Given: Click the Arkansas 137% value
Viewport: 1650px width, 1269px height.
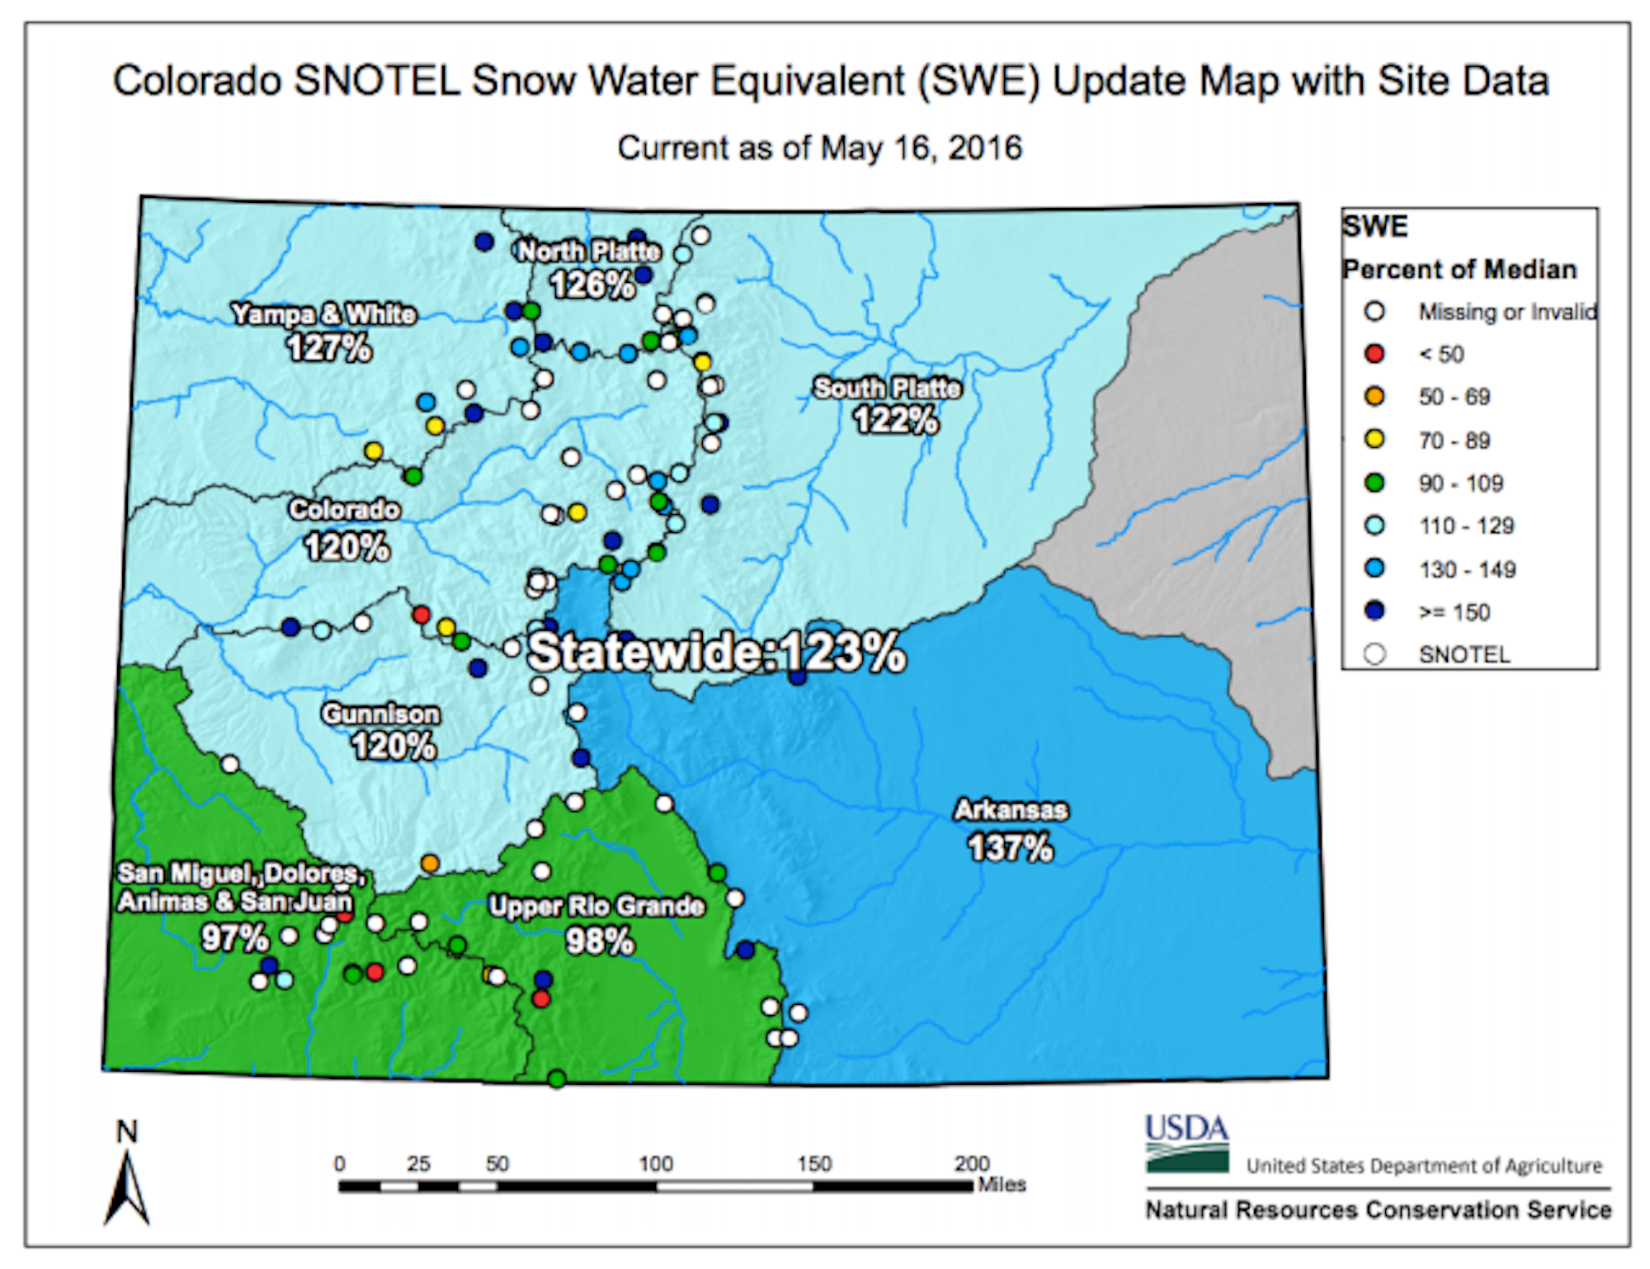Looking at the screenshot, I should (x=1010, y=848).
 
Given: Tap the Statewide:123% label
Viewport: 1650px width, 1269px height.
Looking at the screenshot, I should (x=716, y=652).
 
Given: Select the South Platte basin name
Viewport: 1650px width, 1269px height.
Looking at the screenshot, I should (x=888, y=388).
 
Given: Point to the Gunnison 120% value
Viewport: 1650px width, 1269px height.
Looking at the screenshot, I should (x=394, y=747).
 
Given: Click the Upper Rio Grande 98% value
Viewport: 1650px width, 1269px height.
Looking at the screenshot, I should (x=600, y=941).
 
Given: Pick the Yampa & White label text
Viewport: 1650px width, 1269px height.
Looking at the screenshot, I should (x=323, y=314).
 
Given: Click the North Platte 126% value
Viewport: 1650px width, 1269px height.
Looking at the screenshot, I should (x=592, y=285).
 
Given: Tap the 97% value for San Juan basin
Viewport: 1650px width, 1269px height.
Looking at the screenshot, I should (x=235, y=938).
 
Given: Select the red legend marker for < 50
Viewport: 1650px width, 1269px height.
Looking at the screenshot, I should (x=1374, y=354).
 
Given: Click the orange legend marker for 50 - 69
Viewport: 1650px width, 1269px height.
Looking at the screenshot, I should (x=1374, y=397).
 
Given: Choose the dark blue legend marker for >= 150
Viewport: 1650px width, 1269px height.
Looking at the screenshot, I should (x=1374, y=611).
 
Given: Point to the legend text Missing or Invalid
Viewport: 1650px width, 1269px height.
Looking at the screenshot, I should (x=1506, y=312).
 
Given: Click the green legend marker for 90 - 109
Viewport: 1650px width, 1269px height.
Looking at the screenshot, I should (x=1374, y=483).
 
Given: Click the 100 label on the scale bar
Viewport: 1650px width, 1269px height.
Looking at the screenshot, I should (x=656, y=1163).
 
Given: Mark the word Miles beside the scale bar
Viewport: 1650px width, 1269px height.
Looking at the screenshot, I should (x=1002, y=1185).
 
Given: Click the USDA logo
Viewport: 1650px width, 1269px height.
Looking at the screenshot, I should (x=1186, y=1143).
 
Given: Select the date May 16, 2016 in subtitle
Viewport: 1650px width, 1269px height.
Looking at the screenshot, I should (x=921, y=149).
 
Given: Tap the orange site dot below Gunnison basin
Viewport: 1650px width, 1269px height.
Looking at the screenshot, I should (x=430, y=863).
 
